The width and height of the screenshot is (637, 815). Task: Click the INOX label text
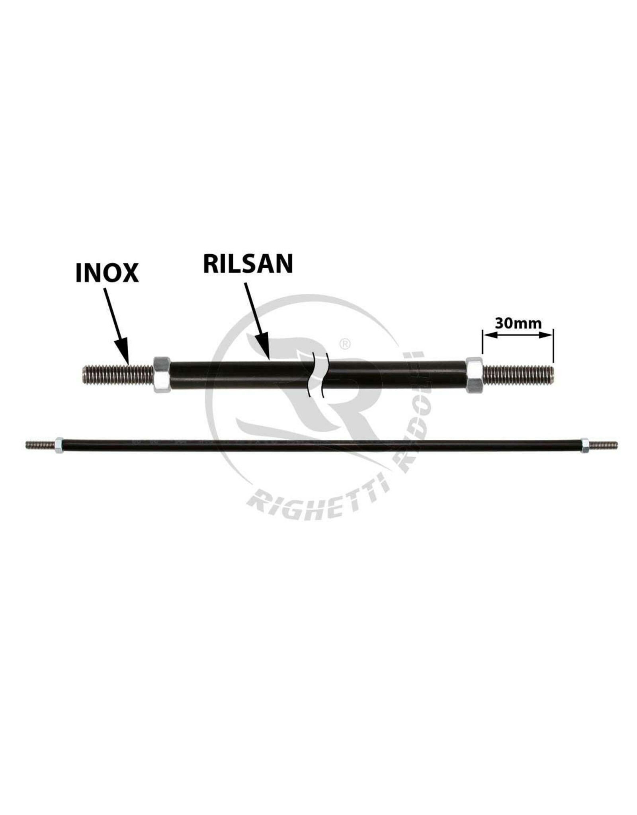(x=107, y=273)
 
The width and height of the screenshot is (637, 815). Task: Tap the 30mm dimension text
(x=518, y=323)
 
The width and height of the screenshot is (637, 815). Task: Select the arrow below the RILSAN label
(x=258, y=319)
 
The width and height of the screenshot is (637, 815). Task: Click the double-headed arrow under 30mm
(x=518, y=335)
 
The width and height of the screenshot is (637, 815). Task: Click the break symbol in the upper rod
(x=318, y=374)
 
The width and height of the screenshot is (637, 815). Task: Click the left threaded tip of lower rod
(x=39, y=444)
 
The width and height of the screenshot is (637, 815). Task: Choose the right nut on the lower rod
(x=585, y=444)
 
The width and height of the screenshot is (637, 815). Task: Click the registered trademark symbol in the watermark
(x=344, y=345)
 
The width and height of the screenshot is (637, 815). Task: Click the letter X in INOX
(x=129, y=273)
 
